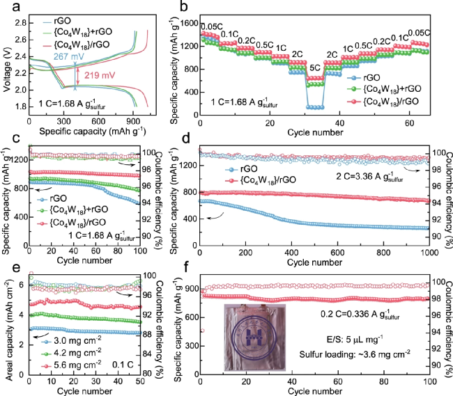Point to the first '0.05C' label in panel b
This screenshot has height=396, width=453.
tap(211, 26)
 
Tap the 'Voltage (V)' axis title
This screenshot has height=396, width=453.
tap(8, 61)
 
